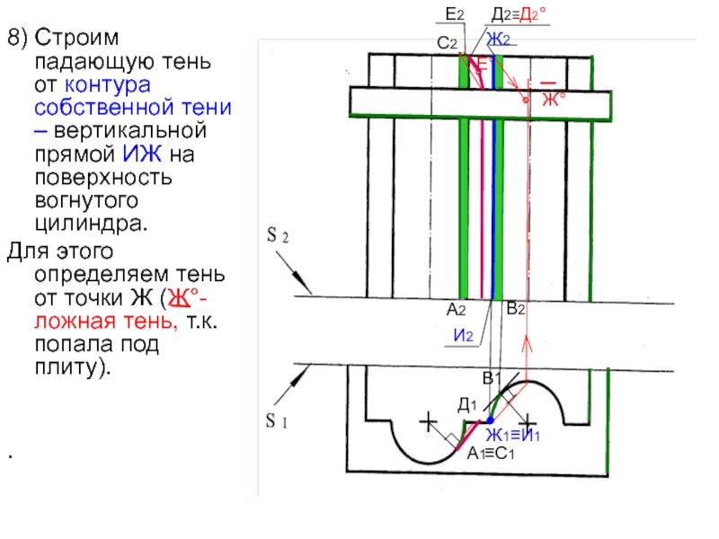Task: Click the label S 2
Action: (278, 235)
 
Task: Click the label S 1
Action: (277, 420)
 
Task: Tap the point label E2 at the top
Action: (455, 14)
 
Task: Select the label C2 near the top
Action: (447, 43)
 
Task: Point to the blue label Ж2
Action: (498, 40)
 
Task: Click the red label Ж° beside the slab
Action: (554, 99)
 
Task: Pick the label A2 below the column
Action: (456, 310)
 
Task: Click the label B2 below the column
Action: (515, 309)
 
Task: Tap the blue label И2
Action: (463, 335)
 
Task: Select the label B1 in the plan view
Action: (492, 378)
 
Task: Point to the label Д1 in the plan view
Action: (467, 404)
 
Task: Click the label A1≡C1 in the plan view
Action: (491, 454)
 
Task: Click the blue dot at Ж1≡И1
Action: (490, 420)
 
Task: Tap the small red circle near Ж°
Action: (526, 100)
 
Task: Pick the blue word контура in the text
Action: (108, 85)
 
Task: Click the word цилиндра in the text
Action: (92, 224)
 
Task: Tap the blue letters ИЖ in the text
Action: (142, 154)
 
